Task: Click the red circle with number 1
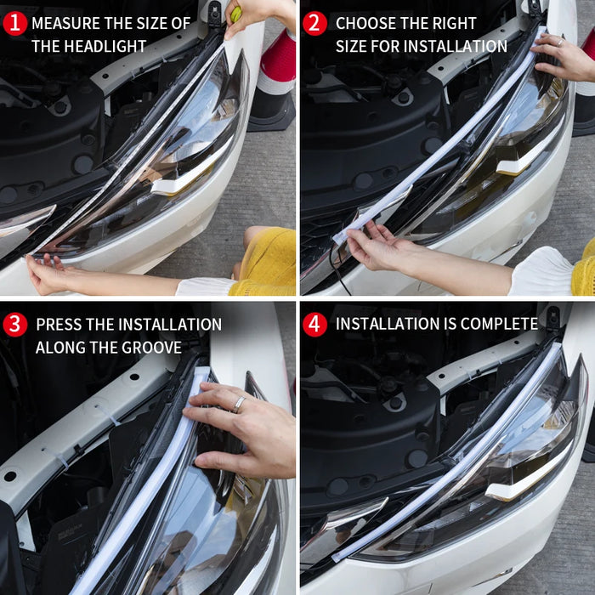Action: point(14,23)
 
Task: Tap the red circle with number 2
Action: point(314,23)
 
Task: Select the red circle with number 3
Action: point(14,324)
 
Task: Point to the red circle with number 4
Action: point(314,324)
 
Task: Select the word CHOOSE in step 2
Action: point(366,23)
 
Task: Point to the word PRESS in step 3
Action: point(59,324)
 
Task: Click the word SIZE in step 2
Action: point(353,46)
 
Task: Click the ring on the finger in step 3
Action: point(240,403)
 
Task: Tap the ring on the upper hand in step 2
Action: point(559,41)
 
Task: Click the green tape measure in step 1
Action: point(235,14)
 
